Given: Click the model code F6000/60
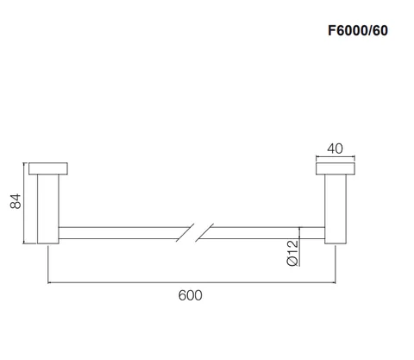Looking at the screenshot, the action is click(358, 30).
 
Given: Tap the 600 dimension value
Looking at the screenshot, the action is click(190, 295).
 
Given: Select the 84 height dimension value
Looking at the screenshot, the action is click(16, 201).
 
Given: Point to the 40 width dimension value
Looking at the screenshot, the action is click(335, 148).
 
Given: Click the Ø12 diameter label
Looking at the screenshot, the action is click(292, 253).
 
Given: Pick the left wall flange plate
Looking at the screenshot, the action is click(48, 168).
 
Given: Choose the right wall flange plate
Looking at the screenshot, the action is click(336, 168).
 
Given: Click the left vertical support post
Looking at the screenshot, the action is click(48, 209).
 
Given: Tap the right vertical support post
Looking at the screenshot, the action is click(336, 209).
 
